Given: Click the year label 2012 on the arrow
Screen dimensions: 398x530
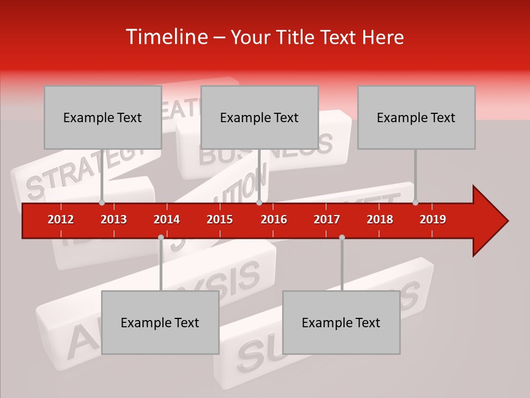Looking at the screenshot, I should pos(61,219).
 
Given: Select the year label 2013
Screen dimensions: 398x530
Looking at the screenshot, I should pos(114,219).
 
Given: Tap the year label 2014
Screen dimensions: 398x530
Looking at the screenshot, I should pos(167,219).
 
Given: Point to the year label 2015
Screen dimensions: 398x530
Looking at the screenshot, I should pos(220,219).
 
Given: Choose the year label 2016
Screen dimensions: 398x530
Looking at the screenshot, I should pos(274,219).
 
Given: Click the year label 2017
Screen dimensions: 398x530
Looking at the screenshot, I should pos(327,219).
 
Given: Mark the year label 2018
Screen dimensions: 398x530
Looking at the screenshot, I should pos(380,219).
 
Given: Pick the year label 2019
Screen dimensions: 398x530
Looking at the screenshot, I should pos(433,219).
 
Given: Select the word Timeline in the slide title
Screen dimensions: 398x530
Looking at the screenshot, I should pos(166,37).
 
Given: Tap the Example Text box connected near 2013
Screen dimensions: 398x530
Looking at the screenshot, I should pos(103,117).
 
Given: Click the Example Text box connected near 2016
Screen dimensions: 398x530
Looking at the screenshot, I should pos(259,117).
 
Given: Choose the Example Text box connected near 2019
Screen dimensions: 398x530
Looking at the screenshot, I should pos(416,117).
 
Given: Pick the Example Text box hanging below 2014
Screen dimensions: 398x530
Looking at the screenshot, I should pos(160,322).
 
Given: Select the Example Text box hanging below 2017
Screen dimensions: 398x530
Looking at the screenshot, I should pos(341,322).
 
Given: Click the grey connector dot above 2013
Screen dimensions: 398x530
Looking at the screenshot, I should pos(102,202).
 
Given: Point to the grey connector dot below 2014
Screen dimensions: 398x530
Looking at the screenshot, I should pos(161,237).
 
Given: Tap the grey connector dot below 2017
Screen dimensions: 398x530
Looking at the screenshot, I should pos(342,237).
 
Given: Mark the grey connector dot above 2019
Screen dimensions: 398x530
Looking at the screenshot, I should pos(415,202).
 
